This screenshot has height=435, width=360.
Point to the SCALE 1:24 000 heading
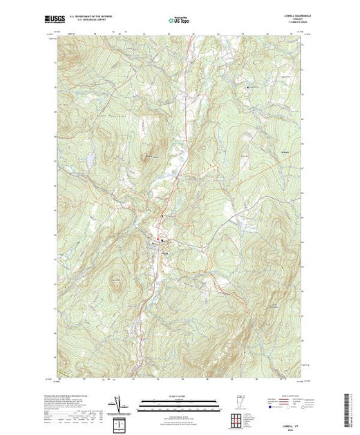pos(179,396)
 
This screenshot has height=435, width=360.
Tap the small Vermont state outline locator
pos(237,403)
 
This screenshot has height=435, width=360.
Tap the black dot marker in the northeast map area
pos(249,88)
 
